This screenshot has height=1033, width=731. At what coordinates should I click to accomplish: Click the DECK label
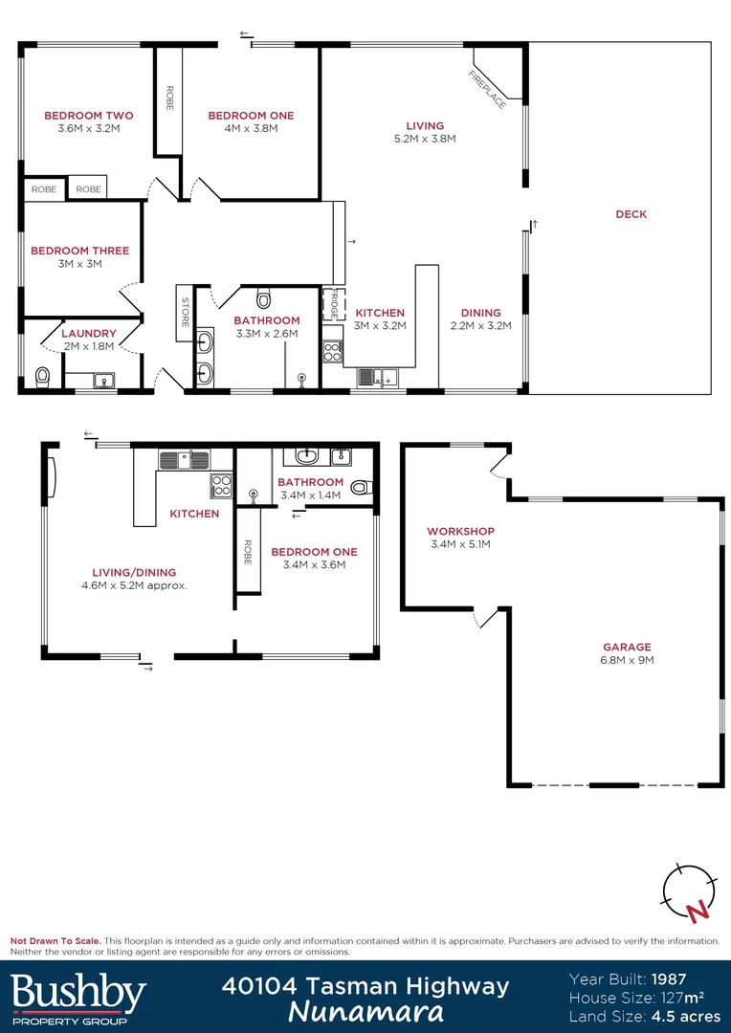[631, 214]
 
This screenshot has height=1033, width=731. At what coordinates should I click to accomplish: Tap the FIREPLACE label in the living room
[487, 89]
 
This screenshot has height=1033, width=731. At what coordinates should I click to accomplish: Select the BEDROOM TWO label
[89, 116]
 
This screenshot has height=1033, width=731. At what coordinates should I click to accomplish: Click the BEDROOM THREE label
[79, 251]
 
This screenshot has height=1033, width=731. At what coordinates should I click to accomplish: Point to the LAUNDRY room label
[88, 334]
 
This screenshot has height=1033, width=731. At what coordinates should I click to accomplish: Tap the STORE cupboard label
[186, 312]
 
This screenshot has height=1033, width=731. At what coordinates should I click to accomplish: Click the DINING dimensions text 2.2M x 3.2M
[480, 325]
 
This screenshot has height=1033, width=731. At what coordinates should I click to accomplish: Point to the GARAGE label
[627, 647]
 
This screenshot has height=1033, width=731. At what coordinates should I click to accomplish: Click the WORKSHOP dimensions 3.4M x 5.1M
[460, 544]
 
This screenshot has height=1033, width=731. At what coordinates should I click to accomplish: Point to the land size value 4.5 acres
[685, 1015]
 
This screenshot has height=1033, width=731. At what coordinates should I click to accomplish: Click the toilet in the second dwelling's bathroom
[360, 487]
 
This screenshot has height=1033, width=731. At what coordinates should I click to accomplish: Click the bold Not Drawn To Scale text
[55, 941]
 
